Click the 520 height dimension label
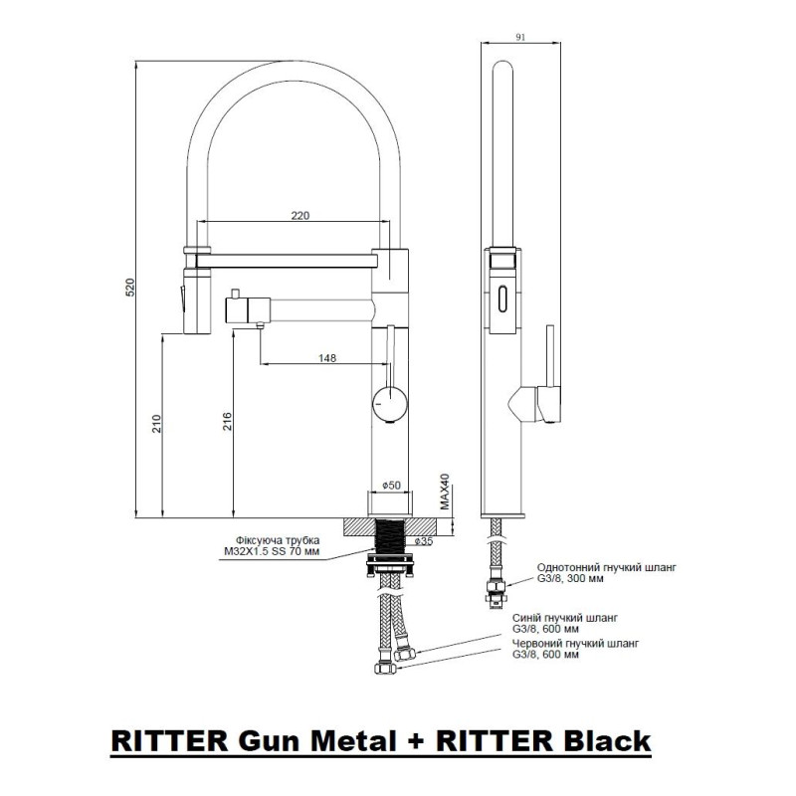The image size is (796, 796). click(x=131, y=288)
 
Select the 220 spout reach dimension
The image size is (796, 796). click(x=300, y=215)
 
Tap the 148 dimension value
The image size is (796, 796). click(x=327, y=358)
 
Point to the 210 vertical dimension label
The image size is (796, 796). click(x=157, y=424)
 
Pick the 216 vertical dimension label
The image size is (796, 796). click(x=228, y=421)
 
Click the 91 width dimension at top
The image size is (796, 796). click(x=520, y=37)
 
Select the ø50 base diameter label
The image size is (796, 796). click(x=391, y=485)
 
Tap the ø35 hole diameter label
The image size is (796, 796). click(x=424, y=541)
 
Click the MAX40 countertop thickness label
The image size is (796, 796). click(x=445, y=491)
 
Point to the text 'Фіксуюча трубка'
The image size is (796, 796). click(x=278, y=540)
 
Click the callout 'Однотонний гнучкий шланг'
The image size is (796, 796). click(x=607, y=567)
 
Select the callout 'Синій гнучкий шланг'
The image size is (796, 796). click(x=565, y=618)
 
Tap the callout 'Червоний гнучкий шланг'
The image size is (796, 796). click(x=576, y=643)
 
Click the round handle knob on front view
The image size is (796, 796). click(x=389, y=404)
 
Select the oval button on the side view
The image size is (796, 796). click(x=503, y=299)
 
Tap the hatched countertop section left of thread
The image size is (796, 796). click(x=359, y=526)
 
